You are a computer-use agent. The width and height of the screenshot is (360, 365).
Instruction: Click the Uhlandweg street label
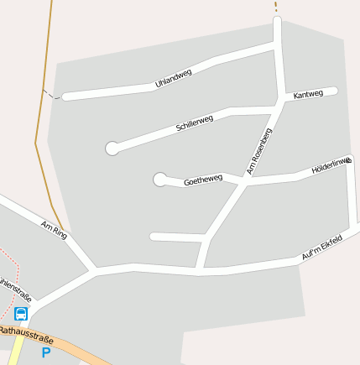174,78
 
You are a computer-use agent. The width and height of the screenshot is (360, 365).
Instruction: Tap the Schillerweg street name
195,123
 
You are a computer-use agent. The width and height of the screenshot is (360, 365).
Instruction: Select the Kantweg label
308,95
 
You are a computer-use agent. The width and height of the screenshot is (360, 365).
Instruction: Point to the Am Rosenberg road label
259,151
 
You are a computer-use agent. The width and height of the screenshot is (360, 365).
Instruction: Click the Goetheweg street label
203,180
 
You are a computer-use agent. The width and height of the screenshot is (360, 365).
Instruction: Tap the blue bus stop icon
21,314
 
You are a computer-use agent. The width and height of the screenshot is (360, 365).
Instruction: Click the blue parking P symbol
46,353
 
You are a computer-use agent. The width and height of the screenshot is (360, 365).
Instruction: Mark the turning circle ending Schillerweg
112,149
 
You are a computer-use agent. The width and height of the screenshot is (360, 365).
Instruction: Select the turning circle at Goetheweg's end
159,179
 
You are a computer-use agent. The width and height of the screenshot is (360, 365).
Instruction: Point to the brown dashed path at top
275,7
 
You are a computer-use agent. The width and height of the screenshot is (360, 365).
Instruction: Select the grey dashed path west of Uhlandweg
51,94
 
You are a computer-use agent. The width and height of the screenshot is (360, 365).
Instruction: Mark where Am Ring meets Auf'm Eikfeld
95,271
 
